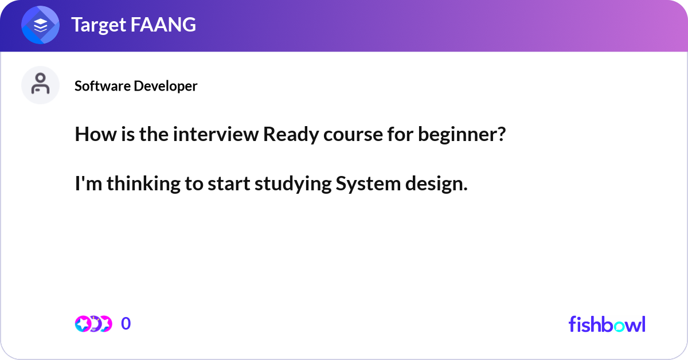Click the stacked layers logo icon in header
pos(41,25)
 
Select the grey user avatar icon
pos(41,85)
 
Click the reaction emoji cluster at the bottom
pos(93,324)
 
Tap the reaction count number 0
pos(126,324)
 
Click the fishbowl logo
pos(607,324)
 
